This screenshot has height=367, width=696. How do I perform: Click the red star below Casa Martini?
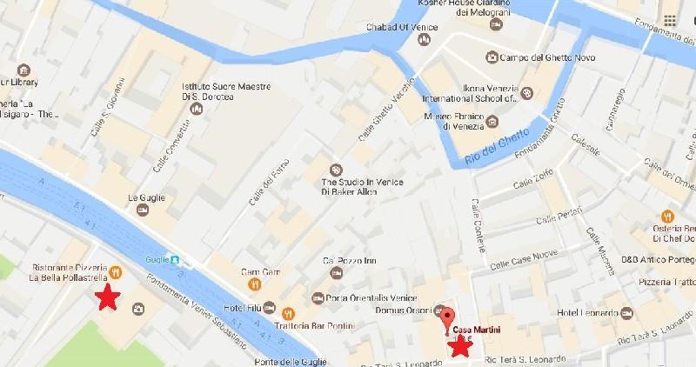459,346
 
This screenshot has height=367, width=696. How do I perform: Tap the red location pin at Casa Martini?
448,318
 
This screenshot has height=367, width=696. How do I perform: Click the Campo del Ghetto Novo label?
544,57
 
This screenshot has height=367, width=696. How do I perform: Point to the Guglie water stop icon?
175,259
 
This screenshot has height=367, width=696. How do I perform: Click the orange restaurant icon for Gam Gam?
255,284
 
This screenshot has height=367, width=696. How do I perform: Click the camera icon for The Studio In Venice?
336,170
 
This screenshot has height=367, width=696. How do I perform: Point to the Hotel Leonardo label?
587,312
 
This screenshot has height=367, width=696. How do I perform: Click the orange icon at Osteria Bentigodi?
668,216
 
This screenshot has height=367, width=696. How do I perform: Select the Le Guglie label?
145,197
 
